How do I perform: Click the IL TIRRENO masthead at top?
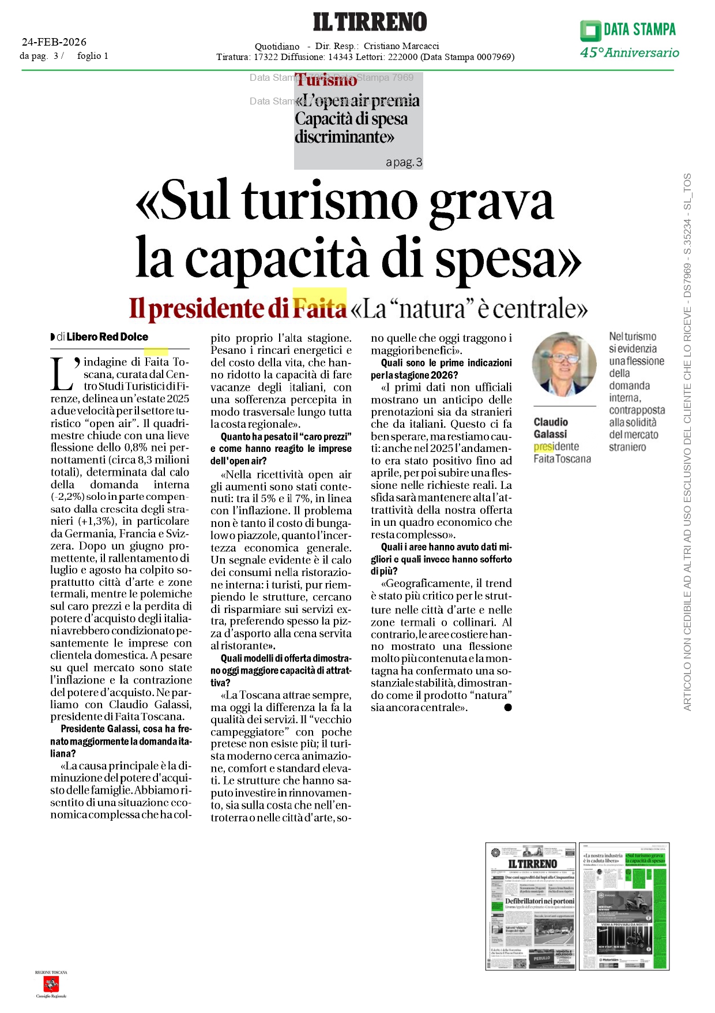(370, 22)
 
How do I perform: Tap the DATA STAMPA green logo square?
(590, 31)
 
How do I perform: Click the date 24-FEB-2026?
(54, 42)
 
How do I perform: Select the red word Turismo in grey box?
(327, 80)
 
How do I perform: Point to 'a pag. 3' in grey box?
(404, 163)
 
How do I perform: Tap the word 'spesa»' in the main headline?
(508, 259)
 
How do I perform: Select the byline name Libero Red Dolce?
(107, 337)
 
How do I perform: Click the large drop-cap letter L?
(62, 375)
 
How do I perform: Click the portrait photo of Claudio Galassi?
(564, 364)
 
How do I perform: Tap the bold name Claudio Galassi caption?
(551, 428)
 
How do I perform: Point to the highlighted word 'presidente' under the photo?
(556, 447)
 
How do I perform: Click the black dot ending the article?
(508, 708)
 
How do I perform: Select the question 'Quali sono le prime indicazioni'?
(446, 363)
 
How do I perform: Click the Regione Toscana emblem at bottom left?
(51, 984)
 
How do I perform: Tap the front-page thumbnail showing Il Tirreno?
(530, 906)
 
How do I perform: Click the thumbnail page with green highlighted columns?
(624, 906)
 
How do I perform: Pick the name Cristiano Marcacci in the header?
(401, 46)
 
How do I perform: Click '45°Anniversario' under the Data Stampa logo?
(630, 53)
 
